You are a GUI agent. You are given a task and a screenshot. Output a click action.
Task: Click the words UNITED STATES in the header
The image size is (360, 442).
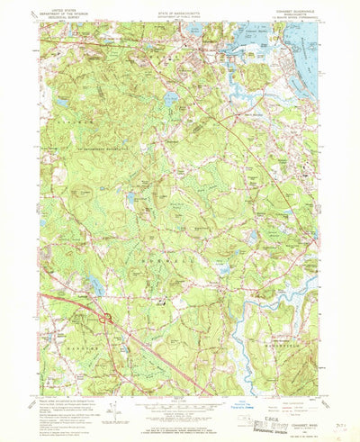(62, 9)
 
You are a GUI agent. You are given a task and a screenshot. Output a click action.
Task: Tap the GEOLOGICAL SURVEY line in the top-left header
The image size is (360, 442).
(62, 18)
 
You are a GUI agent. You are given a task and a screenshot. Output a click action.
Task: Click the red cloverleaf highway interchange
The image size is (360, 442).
(105, 317)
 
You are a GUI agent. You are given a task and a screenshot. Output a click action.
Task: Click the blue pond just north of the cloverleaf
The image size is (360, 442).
(93, 287)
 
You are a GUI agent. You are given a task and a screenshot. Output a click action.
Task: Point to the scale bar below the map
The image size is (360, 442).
(179, 405)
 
